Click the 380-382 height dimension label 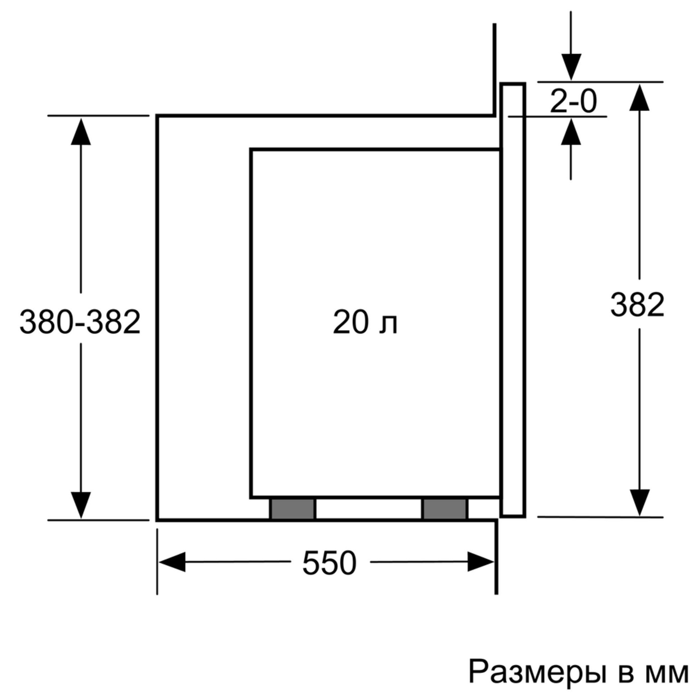pyautogui.click(x=80, y=322)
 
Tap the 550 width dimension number pyautogui.click(x=329, y=563)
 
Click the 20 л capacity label pyautogui.click(x=365, y=322)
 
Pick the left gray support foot pyautogui.click(x=292, y=509)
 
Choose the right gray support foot pyautogui.click(x=445, y=509)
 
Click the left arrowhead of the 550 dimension pyautogui.click(x=172, y=562)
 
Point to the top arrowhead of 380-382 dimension pyautogui.click(x=81, y=132)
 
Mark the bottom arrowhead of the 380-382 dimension pyautogui.click(x=81, y=505)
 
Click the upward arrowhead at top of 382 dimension pyautogui.click(x=639, y=97)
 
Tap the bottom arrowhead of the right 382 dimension pyautogui.click(x=639, y=503)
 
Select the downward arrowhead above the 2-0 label pyautogui.click(x=571, y=67)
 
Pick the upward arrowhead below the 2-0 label pyautogui.click(x=571, y=132)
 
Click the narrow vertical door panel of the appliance pyautogui.click(x=513, y=300)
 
